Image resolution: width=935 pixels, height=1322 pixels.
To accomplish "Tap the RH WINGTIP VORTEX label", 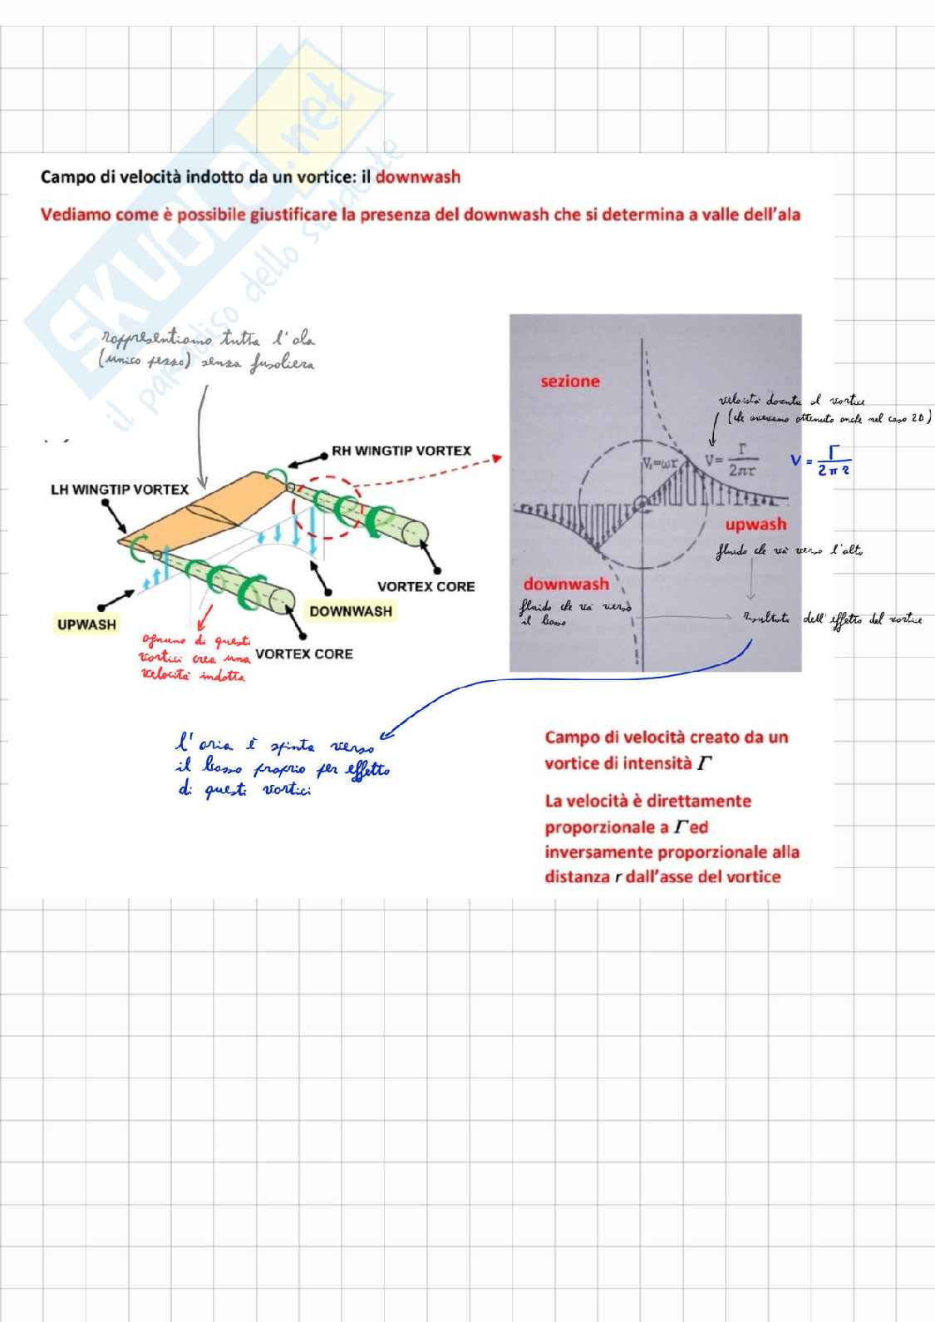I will [x=401, y=451].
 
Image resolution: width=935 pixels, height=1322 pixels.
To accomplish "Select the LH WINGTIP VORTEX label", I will [x=120, y=489].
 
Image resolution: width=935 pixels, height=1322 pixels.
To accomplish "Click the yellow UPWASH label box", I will [x=86, y=624].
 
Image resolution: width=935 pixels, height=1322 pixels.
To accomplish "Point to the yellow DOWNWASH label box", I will [x=350, y=611].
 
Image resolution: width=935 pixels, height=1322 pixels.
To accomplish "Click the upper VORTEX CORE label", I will [x=426, y=586].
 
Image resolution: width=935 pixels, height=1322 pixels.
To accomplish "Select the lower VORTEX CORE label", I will [x=304, y=654].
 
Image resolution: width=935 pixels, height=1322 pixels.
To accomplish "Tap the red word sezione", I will [x=569, y=382].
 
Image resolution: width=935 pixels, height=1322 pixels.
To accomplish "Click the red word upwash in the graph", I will [x=755, y=524].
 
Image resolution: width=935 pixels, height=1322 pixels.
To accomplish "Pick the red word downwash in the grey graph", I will [x=565, y=584].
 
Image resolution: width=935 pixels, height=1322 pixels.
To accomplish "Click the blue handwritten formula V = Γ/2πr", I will [x=820, y=461].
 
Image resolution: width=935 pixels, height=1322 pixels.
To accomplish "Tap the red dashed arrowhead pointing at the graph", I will [x=496, y=456].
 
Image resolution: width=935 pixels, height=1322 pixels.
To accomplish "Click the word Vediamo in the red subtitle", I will [x=76, y=215].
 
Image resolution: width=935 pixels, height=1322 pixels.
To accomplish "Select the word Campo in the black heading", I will [x=64, y=177].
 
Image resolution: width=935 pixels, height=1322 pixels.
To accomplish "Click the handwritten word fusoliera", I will [x=282, y=365].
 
